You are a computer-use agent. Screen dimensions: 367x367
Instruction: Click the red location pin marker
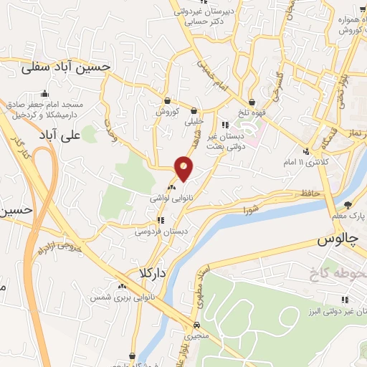[184, 168]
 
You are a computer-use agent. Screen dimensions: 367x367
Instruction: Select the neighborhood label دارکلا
[153, 274]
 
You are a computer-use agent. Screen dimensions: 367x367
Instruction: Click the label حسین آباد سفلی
[65, 67]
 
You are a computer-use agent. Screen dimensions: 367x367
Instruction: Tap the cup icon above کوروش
[167, 101]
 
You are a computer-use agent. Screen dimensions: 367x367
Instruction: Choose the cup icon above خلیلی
[194, 110]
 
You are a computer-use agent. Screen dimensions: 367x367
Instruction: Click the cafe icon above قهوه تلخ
[252, 101]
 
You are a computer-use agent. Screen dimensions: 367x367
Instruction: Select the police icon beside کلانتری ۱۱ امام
[307, 151]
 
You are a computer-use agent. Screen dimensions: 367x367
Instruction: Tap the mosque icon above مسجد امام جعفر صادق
[45, 93]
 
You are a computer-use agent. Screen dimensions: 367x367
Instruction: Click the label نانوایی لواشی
[170, 196]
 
